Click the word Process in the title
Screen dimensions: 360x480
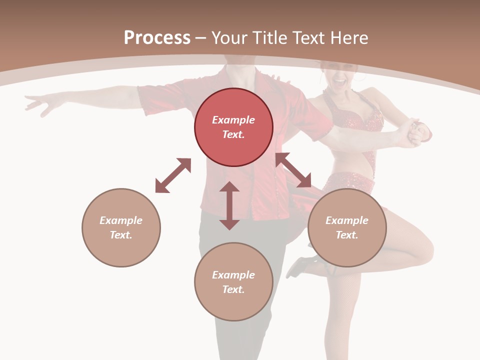pyautogui.click(x=157, y=38)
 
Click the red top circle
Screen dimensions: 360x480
pyautogui.click(x=233, y=127)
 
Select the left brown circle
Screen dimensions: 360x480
pyautogui.click(x=121, y=227)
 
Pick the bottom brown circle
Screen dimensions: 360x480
pyautogui.click(x=233, y=282)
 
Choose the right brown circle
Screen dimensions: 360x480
pyautogui.click(x=347, y=227)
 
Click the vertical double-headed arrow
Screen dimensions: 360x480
pyautogui.click(x=229, y=205)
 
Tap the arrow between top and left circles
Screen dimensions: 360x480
pyautogui.click(x=173, y=175)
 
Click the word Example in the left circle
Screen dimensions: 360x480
pyautogui.click(x=121, y=220)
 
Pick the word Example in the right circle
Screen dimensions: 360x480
pyautogui.click(x=347, y=220)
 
